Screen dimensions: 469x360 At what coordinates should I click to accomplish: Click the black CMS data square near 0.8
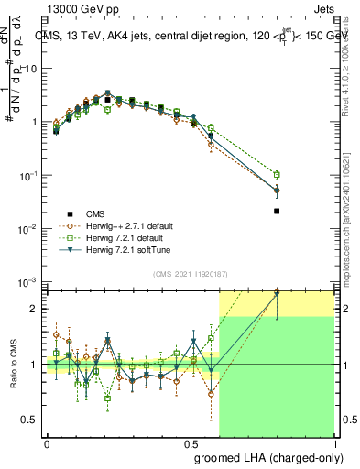tap(277, 212)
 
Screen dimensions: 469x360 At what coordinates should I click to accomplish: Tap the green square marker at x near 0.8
tap(277, 174)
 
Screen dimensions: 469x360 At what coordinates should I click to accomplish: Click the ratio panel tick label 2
tap(37, 309)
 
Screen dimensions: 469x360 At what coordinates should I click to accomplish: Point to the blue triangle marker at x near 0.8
tap(277, 191)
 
